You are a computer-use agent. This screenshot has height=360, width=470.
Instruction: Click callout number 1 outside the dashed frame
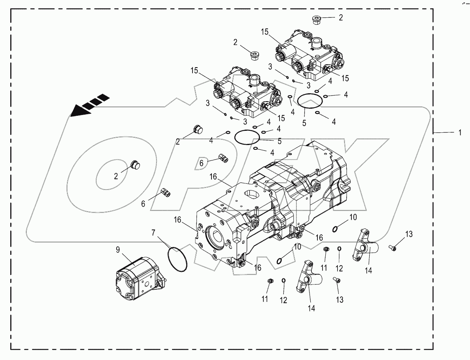tap(459, 134)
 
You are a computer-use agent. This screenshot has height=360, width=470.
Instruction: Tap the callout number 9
tap(118, 250)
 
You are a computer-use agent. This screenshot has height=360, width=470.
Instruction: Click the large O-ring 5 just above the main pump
tap(247, 138)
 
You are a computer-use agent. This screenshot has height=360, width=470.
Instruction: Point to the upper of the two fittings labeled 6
tap(223, 158)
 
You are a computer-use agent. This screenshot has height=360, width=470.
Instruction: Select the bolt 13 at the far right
tap(393, 247)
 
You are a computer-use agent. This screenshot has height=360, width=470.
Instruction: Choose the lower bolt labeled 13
tap(337, 280)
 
